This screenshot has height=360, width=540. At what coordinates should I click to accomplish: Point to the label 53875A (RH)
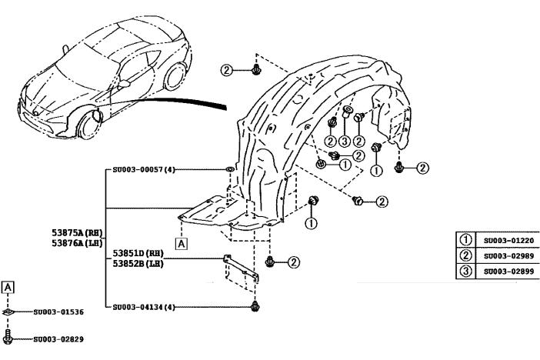[73, 232]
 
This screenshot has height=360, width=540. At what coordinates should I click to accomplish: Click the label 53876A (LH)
[73, 242]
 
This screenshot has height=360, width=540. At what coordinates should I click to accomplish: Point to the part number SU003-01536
[58, 312]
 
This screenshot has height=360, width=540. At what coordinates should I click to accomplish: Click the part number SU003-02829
[58, 338]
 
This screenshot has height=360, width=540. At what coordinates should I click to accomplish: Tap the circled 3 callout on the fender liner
[345, 141]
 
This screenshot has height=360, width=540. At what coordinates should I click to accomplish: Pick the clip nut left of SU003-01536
[8, 312]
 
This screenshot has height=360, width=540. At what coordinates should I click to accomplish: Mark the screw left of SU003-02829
[8, 337]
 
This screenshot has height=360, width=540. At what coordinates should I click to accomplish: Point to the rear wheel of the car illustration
[177, 75]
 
